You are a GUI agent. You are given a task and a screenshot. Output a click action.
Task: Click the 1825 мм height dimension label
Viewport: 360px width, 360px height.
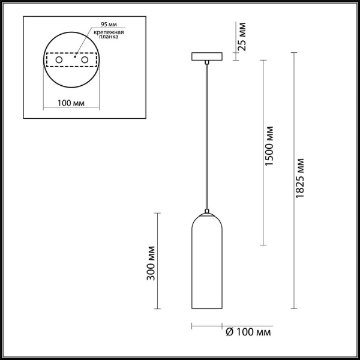coord(300,180)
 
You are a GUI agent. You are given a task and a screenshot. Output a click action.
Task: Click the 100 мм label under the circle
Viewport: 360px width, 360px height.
coord(70,103)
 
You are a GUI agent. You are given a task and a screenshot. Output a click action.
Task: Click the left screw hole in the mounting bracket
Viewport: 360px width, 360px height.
coord(59,60)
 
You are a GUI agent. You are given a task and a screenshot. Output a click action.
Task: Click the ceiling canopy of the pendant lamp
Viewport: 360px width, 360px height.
coord(206,56)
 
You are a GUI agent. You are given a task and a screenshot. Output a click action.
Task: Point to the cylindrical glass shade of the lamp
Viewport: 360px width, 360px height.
coord(206,264)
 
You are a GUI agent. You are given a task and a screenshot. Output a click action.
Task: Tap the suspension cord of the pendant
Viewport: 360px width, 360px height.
coord(206,138)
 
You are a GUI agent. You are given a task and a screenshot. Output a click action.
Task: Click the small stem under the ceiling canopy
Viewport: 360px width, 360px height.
coord(206,62)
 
